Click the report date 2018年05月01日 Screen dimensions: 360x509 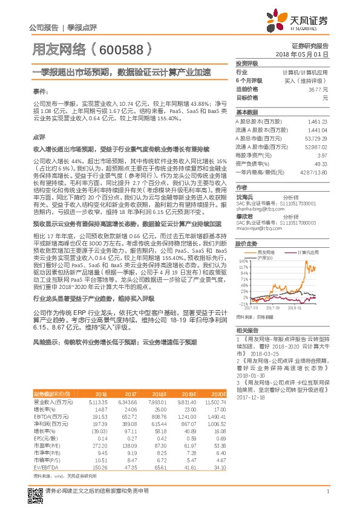pyautogui.click(x=310, y=54)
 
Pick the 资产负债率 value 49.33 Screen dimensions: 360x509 pyautogui.click(x=320, y=164)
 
